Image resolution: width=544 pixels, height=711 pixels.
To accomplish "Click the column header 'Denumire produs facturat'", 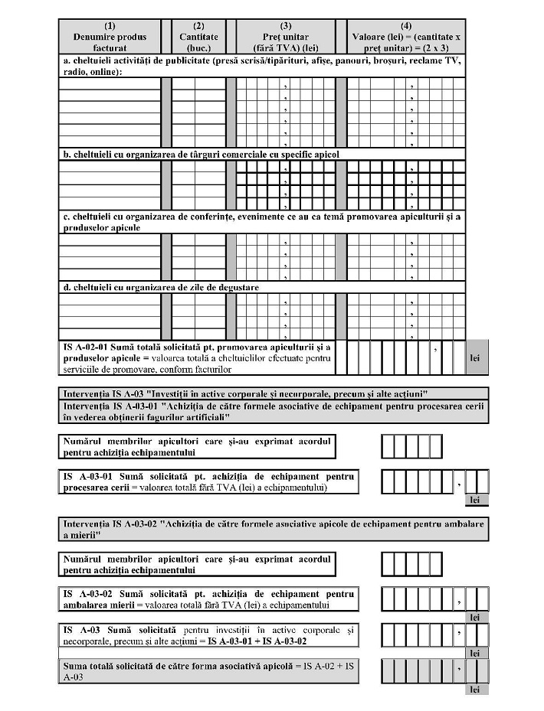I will tap(110, 37).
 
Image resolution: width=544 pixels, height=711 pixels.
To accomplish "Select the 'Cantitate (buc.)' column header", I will tap(198, 37).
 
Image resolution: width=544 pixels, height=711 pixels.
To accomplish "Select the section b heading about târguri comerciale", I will tap(201, 154).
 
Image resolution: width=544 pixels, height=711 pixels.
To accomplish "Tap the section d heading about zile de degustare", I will tap(161, 287).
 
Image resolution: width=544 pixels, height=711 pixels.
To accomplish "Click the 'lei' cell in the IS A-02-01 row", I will tap(475, 357).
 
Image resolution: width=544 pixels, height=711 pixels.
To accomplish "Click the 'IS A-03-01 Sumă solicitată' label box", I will tap(208, 482).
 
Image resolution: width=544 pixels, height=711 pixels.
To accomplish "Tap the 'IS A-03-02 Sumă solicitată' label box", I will tap(208, 600).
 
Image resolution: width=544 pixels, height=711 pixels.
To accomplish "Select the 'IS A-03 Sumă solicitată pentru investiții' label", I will tap(208, 635).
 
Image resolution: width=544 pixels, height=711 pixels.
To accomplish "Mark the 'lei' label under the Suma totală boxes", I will tap(475, 690).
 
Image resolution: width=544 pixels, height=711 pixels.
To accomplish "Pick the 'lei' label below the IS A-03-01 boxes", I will tap(475, 500).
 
